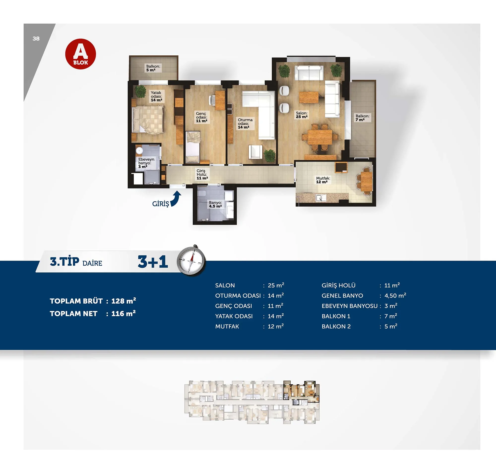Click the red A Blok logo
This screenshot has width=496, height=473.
[x=81, y=54]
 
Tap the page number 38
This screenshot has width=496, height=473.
[x=36, y=38]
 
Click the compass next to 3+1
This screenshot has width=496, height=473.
[x=191, y=260]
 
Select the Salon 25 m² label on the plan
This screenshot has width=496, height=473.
[x=302, y=115]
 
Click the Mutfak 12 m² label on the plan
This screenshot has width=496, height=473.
[x=323, y=180]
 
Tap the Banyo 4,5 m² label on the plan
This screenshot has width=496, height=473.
[x=215, y=204]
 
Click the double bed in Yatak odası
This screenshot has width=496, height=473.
[x=148, y=119]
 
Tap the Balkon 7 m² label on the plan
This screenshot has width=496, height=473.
[x=362, y=118]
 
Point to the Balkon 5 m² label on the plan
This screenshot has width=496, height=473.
[x=153, y=68]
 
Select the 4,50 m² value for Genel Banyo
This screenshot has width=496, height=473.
[x=395, y=295]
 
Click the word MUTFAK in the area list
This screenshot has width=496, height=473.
[x=227, y=326]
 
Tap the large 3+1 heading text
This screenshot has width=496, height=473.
[x=153, y=261]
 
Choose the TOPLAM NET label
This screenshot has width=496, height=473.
[x=73, y=313]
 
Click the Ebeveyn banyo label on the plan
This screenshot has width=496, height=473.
[x=146, y=163]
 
